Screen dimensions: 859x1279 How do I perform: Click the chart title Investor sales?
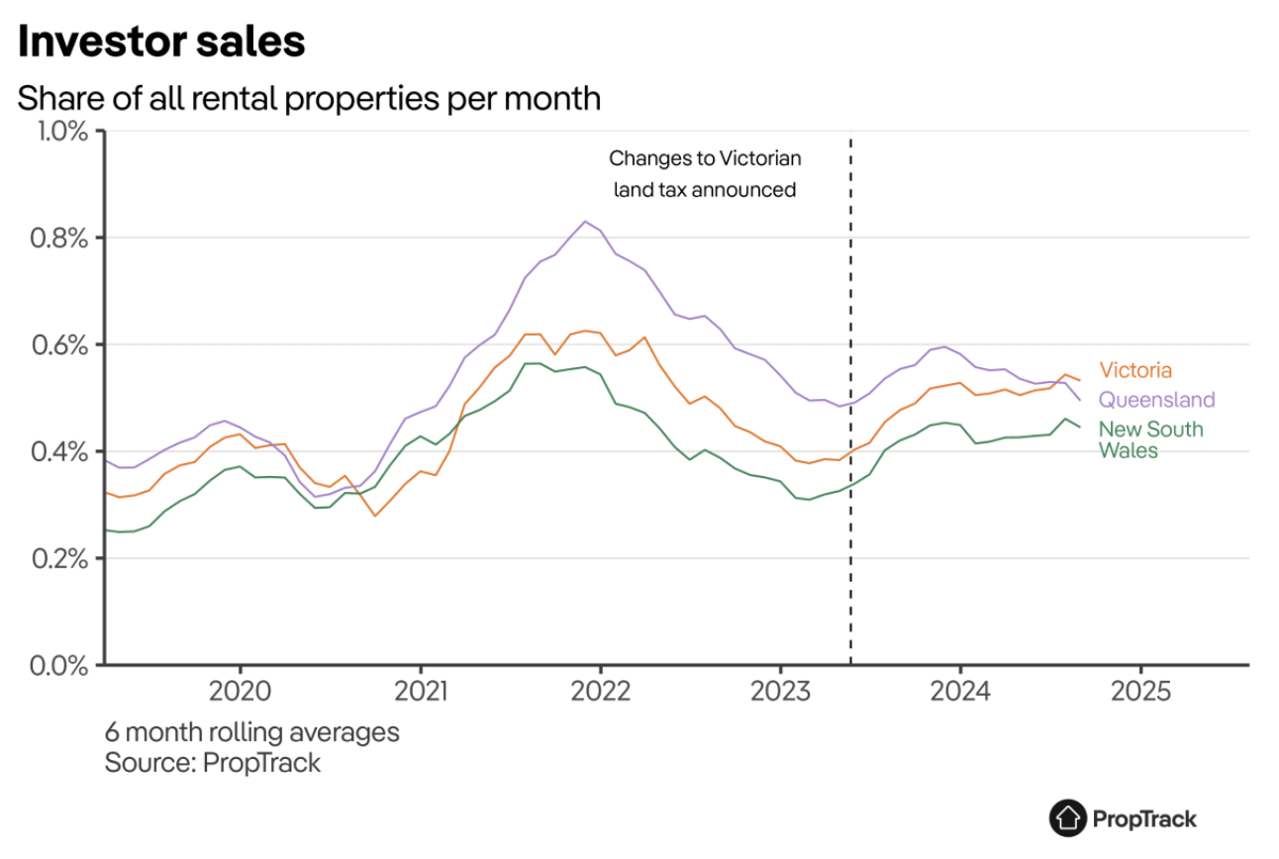click(161, 43)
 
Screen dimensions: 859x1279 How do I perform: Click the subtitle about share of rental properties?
click(309, 99)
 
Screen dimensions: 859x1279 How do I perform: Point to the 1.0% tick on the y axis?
click(62, 132)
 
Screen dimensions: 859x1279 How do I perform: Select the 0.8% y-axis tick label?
click(62, 239)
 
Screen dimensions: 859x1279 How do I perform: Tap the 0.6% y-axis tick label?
click(62, 345)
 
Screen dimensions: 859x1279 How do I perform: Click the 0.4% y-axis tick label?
click(62, 452)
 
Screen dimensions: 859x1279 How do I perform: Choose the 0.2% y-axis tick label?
click(62, 559)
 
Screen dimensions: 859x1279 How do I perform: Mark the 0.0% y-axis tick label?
click(62, 665)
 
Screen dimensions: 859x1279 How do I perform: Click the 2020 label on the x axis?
click(241, 691)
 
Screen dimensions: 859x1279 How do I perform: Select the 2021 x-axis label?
click(420, 691)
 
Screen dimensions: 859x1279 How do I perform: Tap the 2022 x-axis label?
click(601, 691)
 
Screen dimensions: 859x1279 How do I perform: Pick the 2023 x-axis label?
click(781, 691)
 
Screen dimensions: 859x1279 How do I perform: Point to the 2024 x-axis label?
click(960, 691)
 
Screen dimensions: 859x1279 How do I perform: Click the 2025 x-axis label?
click(1139, 691)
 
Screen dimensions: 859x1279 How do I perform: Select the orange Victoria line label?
click(1135, 371)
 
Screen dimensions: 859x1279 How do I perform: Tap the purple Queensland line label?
click(1156, 400)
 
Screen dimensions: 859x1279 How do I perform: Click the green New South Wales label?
click(1150, 439)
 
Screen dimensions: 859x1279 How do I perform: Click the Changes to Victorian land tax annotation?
click(704, 174)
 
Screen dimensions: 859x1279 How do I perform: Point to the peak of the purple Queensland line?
click(584, 222)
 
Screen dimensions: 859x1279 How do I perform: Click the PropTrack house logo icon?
click(1067, 818)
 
